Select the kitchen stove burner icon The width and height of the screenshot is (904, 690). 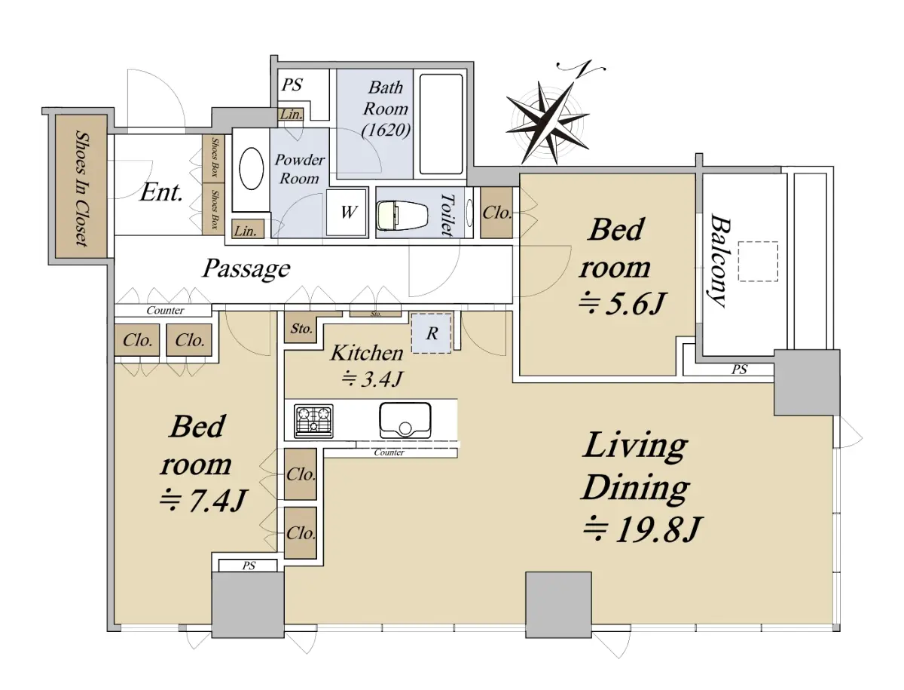tap(313, 421)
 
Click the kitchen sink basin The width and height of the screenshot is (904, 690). tap(405, 420)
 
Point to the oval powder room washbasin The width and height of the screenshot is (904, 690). tap(251, 170)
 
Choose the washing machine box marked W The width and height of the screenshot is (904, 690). tap(347, 213)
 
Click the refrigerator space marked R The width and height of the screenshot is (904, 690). tap(431, 333)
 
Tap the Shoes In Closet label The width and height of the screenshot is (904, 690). tap(82, 188)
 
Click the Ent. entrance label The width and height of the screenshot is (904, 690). tap(161, 192)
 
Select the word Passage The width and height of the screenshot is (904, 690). tap(246, 268)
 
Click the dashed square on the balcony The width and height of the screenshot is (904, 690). tap(758, 262)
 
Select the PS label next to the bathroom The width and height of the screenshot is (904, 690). tap(292, 84)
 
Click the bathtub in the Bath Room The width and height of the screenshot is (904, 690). tap(441, 124)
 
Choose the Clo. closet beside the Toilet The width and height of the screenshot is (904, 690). tap(496, 213)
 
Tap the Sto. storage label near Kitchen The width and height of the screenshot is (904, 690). tap(301, 329)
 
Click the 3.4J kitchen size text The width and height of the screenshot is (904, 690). tap(372, 379)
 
